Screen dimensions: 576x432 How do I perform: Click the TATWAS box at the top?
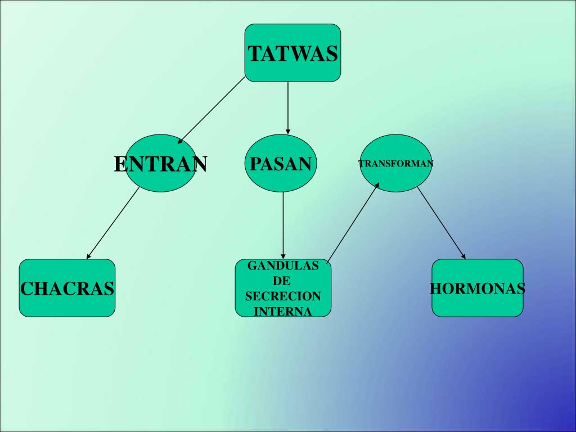click(292, 52)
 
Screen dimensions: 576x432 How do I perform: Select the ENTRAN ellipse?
click(160, 163)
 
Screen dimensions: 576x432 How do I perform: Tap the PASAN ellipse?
click(281, 163)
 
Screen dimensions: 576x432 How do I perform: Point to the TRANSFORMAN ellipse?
click(395, 163)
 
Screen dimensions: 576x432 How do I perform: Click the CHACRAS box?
click(67, 288)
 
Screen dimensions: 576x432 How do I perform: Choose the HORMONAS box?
click(478, 288)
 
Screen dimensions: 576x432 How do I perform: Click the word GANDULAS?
click(283, 265)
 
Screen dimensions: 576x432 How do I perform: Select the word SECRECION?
click(283, 296)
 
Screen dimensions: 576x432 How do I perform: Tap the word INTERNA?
click(283, 312)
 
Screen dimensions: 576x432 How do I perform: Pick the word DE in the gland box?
click(281, 281)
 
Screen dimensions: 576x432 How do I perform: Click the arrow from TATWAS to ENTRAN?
click(211, 110)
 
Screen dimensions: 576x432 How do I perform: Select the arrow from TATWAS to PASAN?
click(288, 108)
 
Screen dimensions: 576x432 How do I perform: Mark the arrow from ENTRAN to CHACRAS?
click(112, 223)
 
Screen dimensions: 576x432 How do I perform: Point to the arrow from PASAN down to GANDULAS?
click(283, 226)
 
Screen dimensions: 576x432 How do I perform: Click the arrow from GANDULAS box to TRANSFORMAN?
click(353, 223)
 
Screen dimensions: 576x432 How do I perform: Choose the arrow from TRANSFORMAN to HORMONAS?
click(442, 223)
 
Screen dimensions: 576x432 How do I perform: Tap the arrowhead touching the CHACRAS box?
click(88, 256)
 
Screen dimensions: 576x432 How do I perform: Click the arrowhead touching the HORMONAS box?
click(463, 256)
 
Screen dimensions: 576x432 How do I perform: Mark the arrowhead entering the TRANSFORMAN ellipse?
click(377, 186)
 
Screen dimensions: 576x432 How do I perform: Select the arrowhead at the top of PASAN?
click(288, 132)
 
